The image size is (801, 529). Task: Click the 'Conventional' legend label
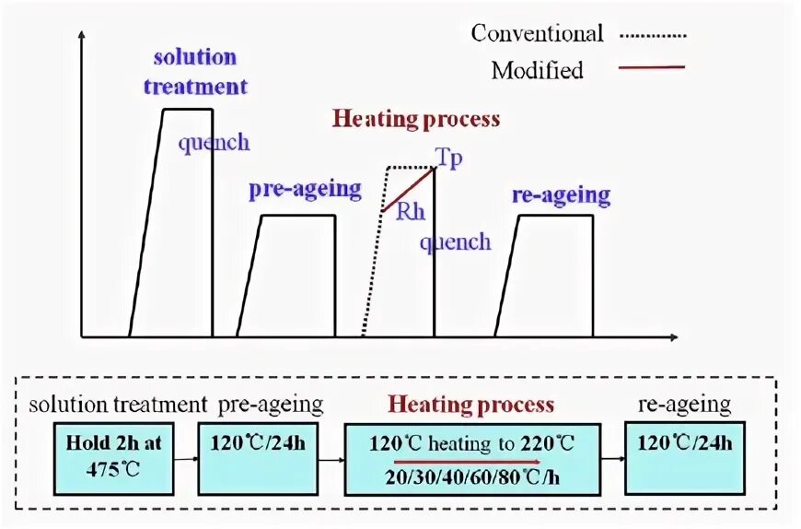pos(537,34)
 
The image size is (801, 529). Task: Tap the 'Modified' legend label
pos(537,70)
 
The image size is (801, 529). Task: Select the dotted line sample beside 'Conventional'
pos(654,36)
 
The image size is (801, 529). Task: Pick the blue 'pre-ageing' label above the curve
pos(305,189)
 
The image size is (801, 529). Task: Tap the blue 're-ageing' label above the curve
pos(561,195)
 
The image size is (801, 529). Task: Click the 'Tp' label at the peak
pos(449,158)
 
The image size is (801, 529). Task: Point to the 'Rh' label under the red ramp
pos(411,212)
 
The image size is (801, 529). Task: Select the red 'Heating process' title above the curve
pos(416,119)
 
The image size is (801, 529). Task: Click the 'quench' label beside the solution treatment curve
pos(214,143)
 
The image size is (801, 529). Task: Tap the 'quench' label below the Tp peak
pos(455,242)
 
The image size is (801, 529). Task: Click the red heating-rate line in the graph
pos(408,189)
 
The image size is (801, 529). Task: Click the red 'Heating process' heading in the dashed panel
pos(470,405)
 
